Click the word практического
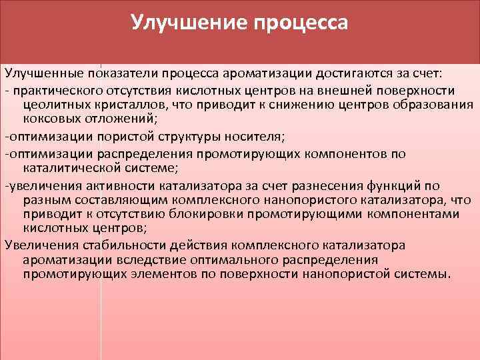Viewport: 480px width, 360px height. (59, 90)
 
